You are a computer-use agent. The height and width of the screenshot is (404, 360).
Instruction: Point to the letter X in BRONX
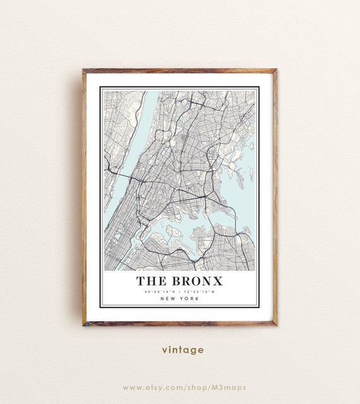click(217, 281)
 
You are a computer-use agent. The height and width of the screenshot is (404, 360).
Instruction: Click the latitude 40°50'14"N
click(160, 292)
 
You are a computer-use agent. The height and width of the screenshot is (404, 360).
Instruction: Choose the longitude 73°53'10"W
click(200, 292)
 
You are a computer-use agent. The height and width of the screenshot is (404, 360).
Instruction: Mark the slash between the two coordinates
click(180, 292)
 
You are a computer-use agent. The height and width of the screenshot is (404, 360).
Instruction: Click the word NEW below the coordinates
click(168, 299)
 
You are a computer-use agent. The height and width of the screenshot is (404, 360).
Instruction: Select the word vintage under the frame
click(183, 350)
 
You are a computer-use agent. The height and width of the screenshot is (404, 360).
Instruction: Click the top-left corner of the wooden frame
click(83, 70)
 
